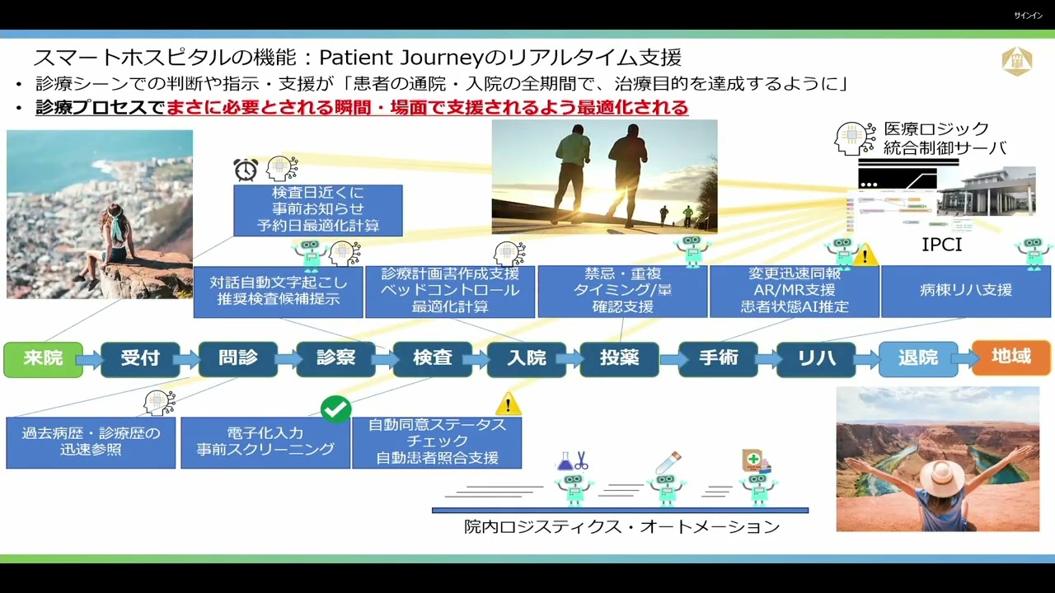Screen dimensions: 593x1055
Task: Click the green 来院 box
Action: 43,359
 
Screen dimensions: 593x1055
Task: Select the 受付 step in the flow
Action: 140,359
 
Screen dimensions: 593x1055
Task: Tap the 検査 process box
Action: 432,359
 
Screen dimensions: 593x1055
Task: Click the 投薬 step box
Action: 619,359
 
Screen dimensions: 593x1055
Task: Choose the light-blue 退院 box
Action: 918,359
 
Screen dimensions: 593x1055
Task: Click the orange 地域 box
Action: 1011,357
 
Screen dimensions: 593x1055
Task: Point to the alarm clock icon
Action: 246,170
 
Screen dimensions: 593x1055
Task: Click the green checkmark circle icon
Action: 335,409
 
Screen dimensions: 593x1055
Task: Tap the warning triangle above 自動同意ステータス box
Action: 508,404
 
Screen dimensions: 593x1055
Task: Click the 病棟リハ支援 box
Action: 966,291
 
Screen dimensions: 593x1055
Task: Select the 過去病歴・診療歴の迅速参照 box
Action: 91,442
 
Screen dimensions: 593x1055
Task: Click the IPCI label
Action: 941,245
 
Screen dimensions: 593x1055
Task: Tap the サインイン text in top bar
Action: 1027,16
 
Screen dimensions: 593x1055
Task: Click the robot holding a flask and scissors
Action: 574,482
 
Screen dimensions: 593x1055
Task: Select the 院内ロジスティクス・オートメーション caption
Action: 621,527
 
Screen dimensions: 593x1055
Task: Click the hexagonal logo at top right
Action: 1016,62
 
